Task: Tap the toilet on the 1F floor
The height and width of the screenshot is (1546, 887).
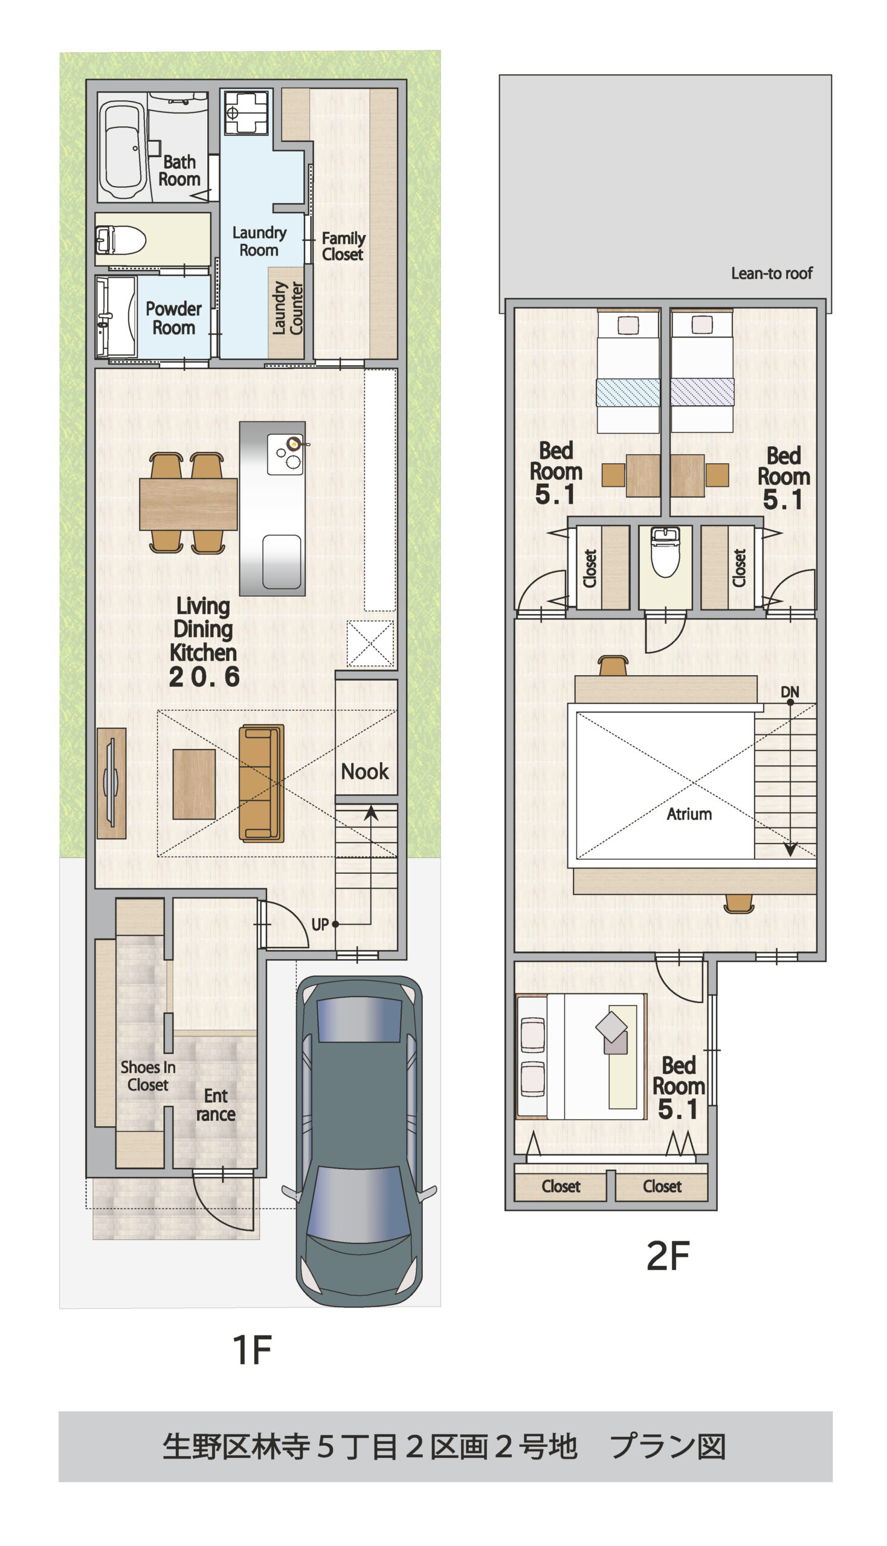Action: pyautogui.click(x=121, y=240)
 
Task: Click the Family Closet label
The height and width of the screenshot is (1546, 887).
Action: pyautogui.click(x=343, y=246)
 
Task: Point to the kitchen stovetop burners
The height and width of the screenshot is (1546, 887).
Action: pyautogui.click(x=285, y=454)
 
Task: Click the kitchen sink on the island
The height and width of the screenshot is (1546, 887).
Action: pyautogui.click(x=282, y=562)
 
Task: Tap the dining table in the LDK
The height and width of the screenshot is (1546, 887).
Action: pyautogui.click(x=189, y=504)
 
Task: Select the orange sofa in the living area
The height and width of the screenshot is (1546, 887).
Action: pyautogui.click(x=262, y=783)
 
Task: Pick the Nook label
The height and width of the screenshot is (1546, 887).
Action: pyautogui.click(x=364, y=771)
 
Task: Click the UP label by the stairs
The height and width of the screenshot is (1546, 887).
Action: pyautogui.click(x=320, y=925)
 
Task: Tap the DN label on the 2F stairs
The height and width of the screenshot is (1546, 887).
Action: pyautogui.click(x=790, y=691)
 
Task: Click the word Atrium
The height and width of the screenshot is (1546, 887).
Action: pyautogui.click(x=689, y=814)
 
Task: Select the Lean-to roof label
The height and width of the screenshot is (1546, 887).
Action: pyautogui.click(x=772, y=274)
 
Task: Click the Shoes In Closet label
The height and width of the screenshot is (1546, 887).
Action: pyautogui.click(x=148, y=1076)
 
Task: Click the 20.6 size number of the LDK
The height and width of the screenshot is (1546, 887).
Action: pyautogui.click(x=204, y=677)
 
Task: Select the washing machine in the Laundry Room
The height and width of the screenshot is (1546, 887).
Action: pyautogui.click(x=247, y=113)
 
